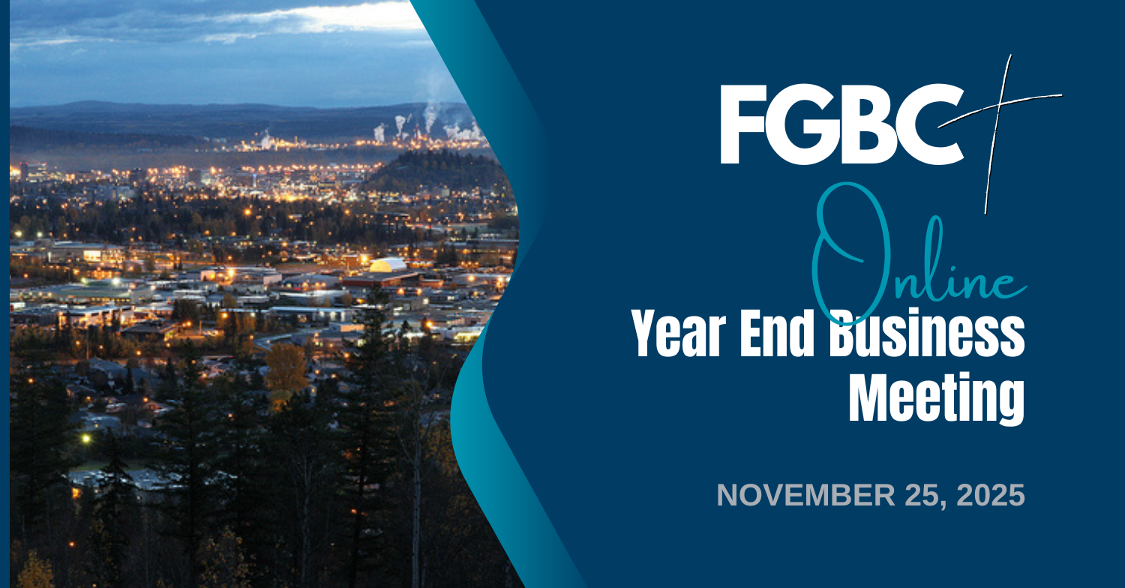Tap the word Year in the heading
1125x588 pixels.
click(x=678, y=333)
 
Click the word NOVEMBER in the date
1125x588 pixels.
click(x=805, y=495)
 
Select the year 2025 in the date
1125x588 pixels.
click(x=991, y=495)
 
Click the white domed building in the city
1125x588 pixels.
click(x=388, y=265)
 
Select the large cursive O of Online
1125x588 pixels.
click(x=849, y=253)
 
